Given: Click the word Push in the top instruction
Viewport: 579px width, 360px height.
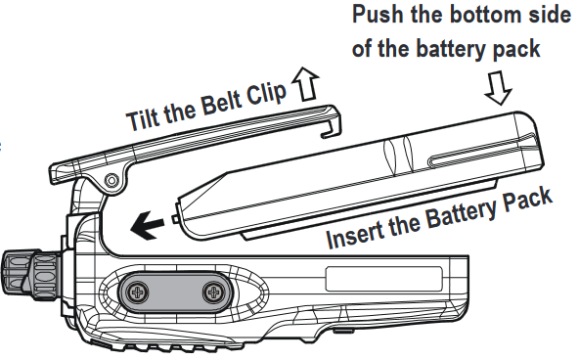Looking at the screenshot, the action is coord(378,15).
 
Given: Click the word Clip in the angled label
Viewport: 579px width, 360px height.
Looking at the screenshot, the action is coord(267,94).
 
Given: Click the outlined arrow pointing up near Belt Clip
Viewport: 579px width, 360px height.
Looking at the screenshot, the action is coord(305,84).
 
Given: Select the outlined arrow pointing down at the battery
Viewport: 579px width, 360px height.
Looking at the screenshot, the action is coord(498,88).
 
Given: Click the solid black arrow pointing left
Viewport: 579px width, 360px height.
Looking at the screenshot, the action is coord(147,225).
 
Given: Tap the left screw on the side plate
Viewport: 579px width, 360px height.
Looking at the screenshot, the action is coord(138,292).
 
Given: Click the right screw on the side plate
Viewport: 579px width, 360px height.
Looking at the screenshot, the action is coord(214,292).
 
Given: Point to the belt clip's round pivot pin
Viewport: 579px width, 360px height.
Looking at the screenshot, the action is coord(111,181).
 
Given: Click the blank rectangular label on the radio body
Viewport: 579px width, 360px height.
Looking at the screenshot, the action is coord(384,279).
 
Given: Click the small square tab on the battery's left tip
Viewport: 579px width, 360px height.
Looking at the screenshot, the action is coord(175,219).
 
